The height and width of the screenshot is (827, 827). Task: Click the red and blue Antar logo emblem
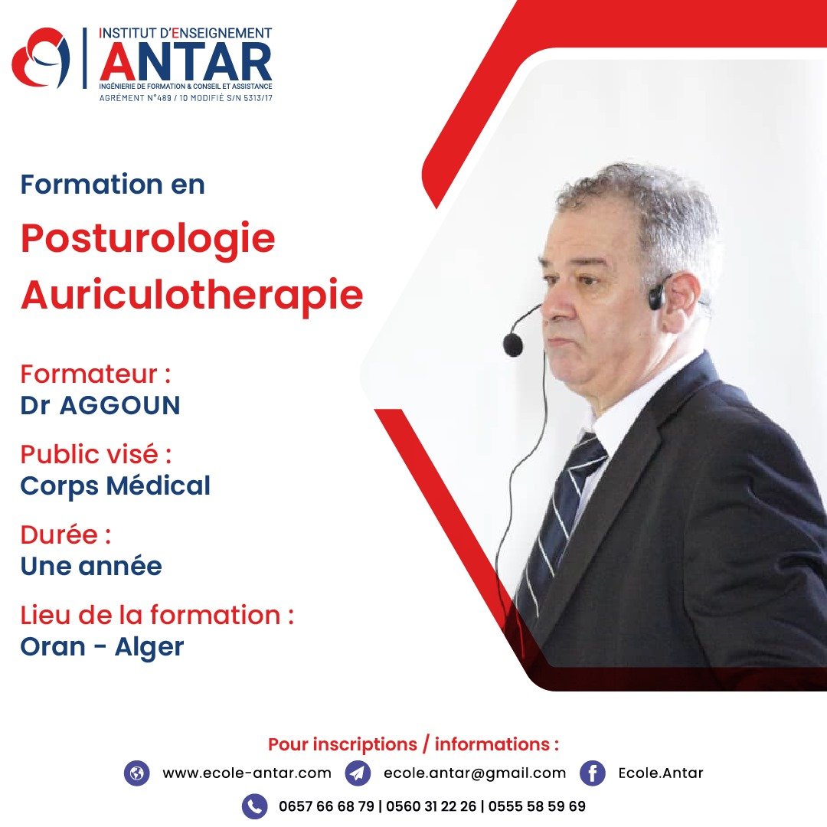click(41, 57)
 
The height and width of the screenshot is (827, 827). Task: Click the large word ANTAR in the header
click(185, 62)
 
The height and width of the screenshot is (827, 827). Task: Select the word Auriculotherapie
click(192, 296)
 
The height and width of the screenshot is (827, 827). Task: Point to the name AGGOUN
click(119, 406)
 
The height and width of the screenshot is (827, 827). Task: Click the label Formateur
click(89, 374)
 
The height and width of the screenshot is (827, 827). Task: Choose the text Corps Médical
click(115, 486)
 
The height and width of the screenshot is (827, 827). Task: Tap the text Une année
click(91, 567)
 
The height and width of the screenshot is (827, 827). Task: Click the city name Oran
click(53, 646)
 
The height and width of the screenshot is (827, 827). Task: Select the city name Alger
click(149, 648)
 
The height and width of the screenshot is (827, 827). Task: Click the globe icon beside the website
click(136, 773)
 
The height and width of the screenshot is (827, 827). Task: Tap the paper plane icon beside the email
click(358, 773)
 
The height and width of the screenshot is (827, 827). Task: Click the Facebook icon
click(592, 773)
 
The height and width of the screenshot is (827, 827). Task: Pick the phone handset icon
click(255, 806)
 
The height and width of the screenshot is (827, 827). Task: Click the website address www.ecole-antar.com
click(247, 773)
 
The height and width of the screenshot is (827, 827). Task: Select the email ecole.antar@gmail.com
click(475, 773)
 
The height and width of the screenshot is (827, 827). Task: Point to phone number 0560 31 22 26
click(431, 806)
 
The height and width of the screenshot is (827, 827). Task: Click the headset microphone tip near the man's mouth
click(512, 345)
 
